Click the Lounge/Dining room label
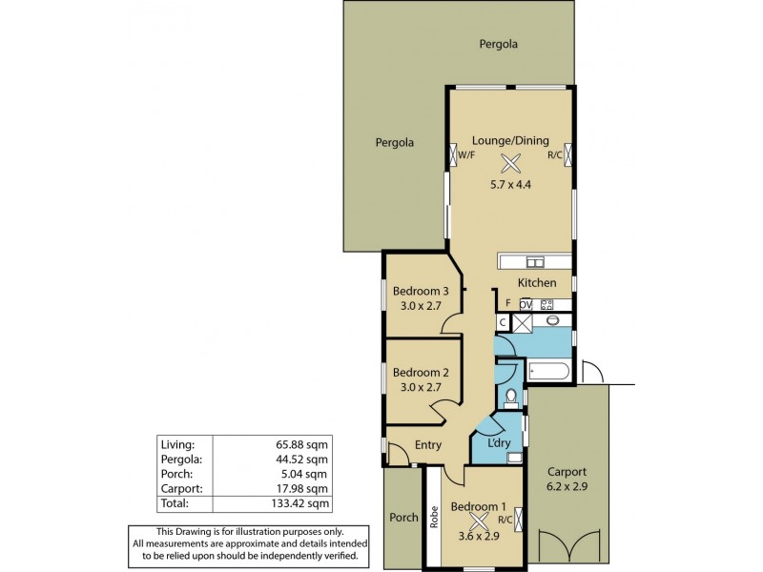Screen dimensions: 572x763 click(x=510, y=140)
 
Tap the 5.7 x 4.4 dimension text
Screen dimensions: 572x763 click(x=510, y=184)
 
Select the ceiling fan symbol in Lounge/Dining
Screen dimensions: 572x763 click(x=511, y=163)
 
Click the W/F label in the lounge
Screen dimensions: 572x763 click(x=466, y=154)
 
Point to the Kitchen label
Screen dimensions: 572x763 click(x=536, y=283)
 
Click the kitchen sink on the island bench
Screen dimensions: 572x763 click(x=535, y=263)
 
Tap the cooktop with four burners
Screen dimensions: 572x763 click(x=546, y=304)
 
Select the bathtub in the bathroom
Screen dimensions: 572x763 click(x=548, y=371)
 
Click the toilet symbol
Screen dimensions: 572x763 click(x=510, y=396)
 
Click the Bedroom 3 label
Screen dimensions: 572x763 click(x=421, y=291)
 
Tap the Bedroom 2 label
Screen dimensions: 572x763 click(x=421, y=372)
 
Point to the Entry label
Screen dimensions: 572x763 click(x=428, y=445)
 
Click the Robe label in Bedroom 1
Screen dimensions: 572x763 click(x=434, y=518)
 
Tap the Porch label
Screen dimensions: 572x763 click(x=404, y=518)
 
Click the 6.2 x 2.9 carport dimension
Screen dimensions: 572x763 click(x=567, y=486)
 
